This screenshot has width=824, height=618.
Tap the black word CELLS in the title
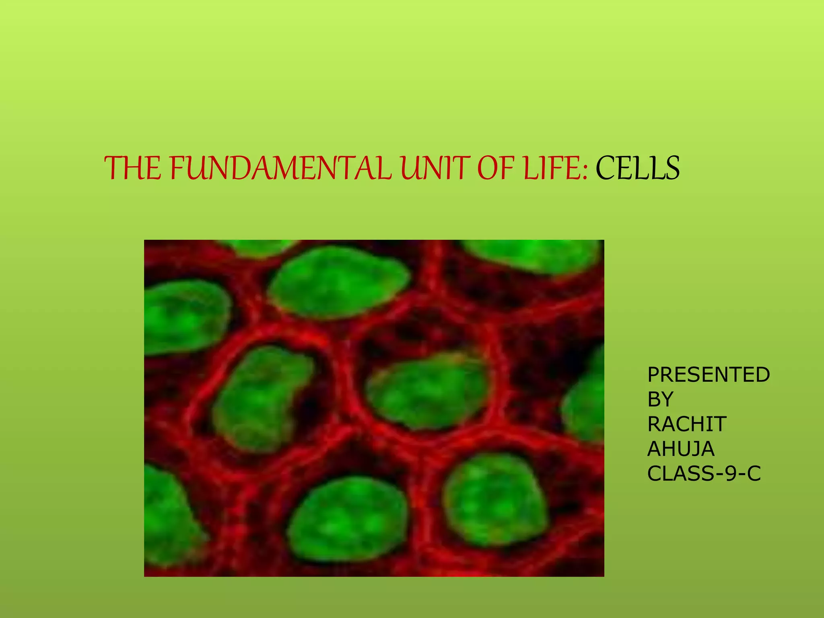click(637, 168)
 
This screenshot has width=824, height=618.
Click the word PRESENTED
click(708, 375)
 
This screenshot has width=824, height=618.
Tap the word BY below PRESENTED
click(660, 399)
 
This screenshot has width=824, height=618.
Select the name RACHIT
click(687, 424)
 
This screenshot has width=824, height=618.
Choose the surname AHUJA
click(681, 449)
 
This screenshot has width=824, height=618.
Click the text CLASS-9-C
click(704, 474)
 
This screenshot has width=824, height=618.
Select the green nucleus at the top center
click(338, 282)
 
